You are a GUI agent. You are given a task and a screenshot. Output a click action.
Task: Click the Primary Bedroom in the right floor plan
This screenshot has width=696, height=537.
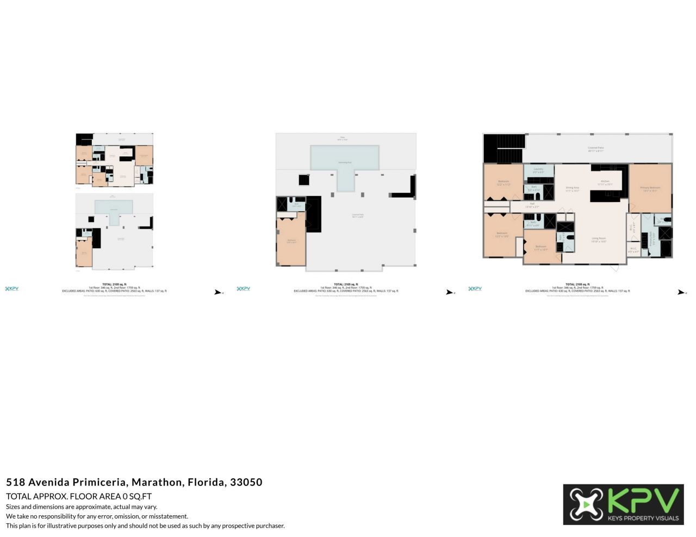tap(650, 188)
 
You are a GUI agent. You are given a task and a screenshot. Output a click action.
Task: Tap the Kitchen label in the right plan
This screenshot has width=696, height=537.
tap(605, 181)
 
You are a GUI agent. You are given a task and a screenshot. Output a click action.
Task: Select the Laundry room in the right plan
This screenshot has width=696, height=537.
tap(538, 170)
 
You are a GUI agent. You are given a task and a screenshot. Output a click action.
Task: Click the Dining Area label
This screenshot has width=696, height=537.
tap(572, 188)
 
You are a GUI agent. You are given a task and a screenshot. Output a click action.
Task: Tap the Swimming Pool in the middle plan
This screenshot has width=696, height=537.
tap(345, 158)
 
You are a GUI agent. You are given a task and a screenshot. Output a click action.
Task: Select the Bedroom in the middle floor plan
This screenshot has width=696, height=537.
tap(291, 241)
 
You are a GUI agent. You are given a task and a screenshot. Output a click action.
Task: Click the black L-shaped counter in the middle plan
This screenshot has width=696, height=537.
tap(405, 188)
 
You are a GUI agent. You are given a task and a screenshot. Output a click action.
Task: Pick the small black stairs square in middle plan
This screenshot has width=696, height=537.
tap(304, 180)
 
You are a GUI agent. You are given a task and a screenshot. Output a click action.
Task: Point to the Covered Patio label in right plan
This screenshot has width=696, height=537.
tap(595, 148)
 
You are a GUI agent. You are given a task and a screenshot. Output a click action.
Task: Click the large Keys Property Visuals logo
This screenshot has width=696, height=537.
tap(623, 504)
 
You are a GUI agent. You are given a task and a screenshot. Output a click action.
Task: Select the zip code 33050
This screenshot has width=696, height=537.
tap(246, 482)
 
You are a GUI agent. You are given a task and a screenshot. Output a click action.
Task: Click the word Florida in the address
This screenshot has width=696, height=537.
tap(206, 482)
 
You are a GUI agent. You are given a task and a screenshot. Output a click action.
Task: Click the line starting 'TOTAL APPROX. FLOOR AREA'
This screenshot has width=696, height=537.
tap(79, 496)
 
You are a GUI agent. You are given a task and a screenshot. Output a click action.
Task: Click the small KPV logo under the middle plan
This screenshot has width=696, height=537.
tap(244, 289)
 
